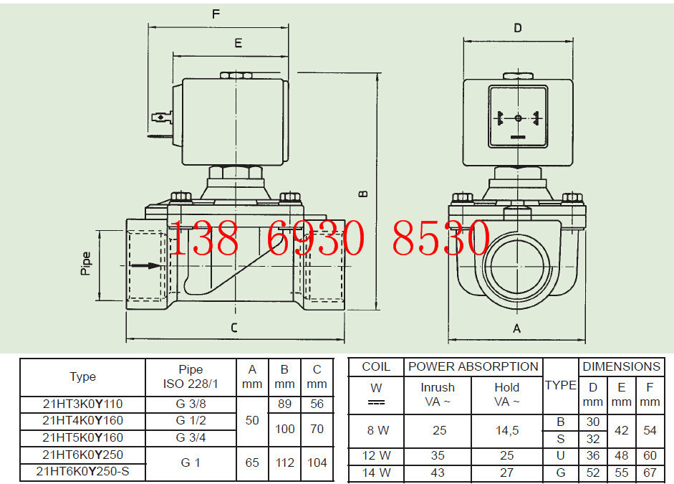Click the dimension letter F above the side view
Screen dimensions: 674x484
pos(216,14)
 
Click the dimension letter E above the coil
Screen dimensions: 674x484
pos(238,43)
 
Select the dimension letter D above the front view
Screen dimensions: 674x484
pos(518,28)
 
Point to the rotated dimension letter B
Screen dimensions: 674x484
pos(363,194)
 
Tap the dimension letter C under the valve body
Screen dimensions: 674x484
pos(234,328)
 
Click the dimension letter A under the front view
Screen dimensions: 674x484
pos(516,328)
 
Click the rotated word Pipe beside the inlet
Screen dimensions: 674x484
pos(86,263)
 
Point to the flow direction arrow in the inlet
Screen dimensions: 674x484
pos(145,265)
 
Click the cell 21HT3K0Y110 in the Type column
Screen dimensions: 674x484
pos(82,404)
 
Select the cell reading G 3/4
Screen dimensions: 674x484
pos(191,437)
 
